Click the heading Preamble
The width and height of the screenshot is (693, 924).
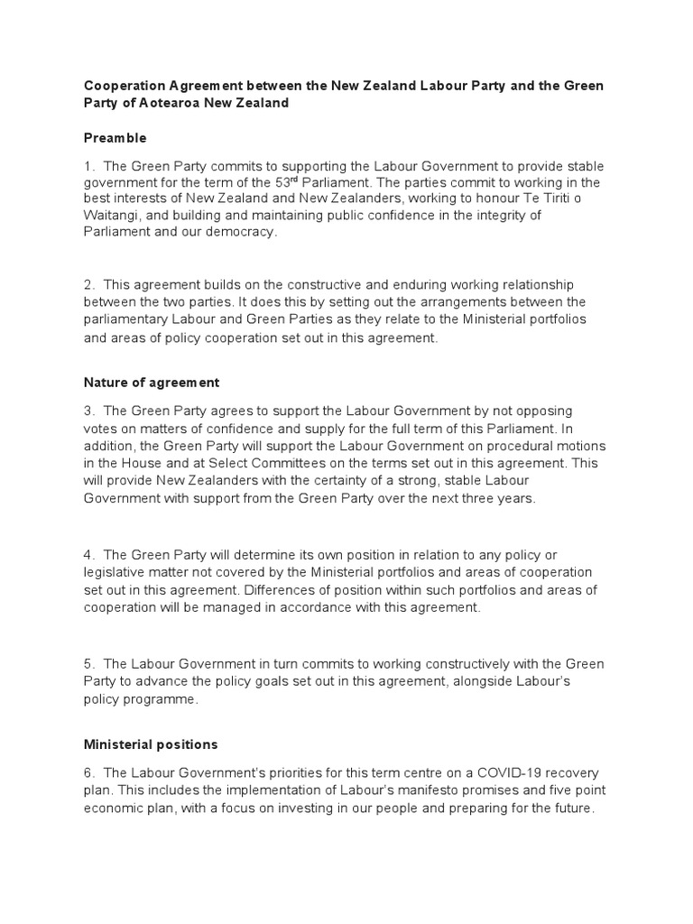click(115, 138)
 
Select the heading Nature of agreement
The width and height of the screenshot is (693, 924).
click(152, 383)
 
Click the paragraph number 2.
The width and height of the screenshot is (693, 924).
click(88, 285)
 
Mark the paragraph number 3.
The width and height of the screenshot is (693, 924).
click(88, 411)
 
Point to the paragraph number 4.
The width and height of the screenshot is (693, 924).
click(88, 554)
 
